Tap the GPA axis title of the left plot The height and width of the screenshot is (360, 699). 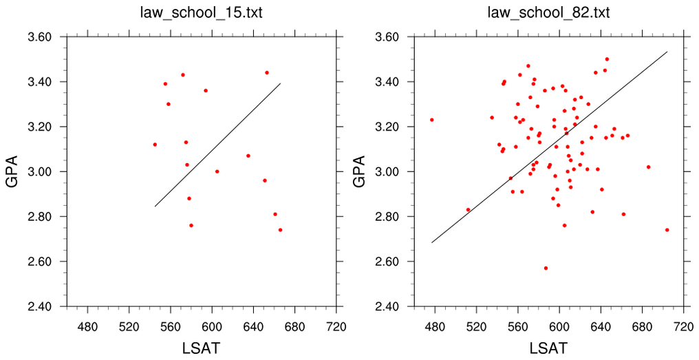coord(12,171)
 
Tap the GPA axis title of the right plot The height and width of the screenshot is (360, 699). coord(361,171)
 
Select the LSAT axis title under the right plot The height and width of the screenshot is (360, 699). coord(548,348)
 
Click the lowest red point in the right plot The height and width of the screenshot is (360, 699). coord(546,268)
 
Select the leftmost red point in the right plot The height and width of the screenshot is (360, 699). coord(431,120)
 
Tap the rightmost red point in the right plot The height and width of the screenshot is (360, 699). coord(667,230)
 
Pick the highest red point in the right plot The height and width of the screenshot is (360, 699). coord(607,59)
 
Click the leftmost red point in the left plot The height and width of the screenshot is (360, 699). coord(155,145)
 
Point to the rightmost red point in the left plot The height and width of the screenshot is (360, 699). coord(280,230)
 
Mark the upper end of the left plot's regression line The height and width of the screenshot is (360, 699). coord(281,83)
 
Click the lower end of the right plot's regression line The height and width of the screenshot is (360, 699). coord(431,243)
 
